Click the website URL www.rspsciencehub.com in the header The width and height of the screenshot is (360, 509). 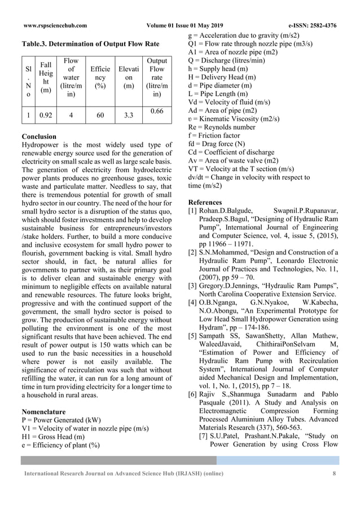55,25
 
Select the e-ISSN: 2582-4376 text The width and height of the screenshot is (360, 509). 312,25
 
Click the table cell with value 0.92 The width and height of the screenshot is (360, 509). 46,115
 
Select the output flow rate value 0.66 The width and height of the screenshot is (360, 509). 156,111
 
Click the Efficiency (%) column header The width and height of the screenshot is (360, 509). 100,80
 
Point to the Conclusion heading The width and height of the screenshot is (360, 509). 38,137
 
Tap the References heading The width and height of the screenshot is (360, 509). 206,202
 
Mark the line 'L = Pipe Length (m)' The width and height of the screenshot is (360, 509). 217,93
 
